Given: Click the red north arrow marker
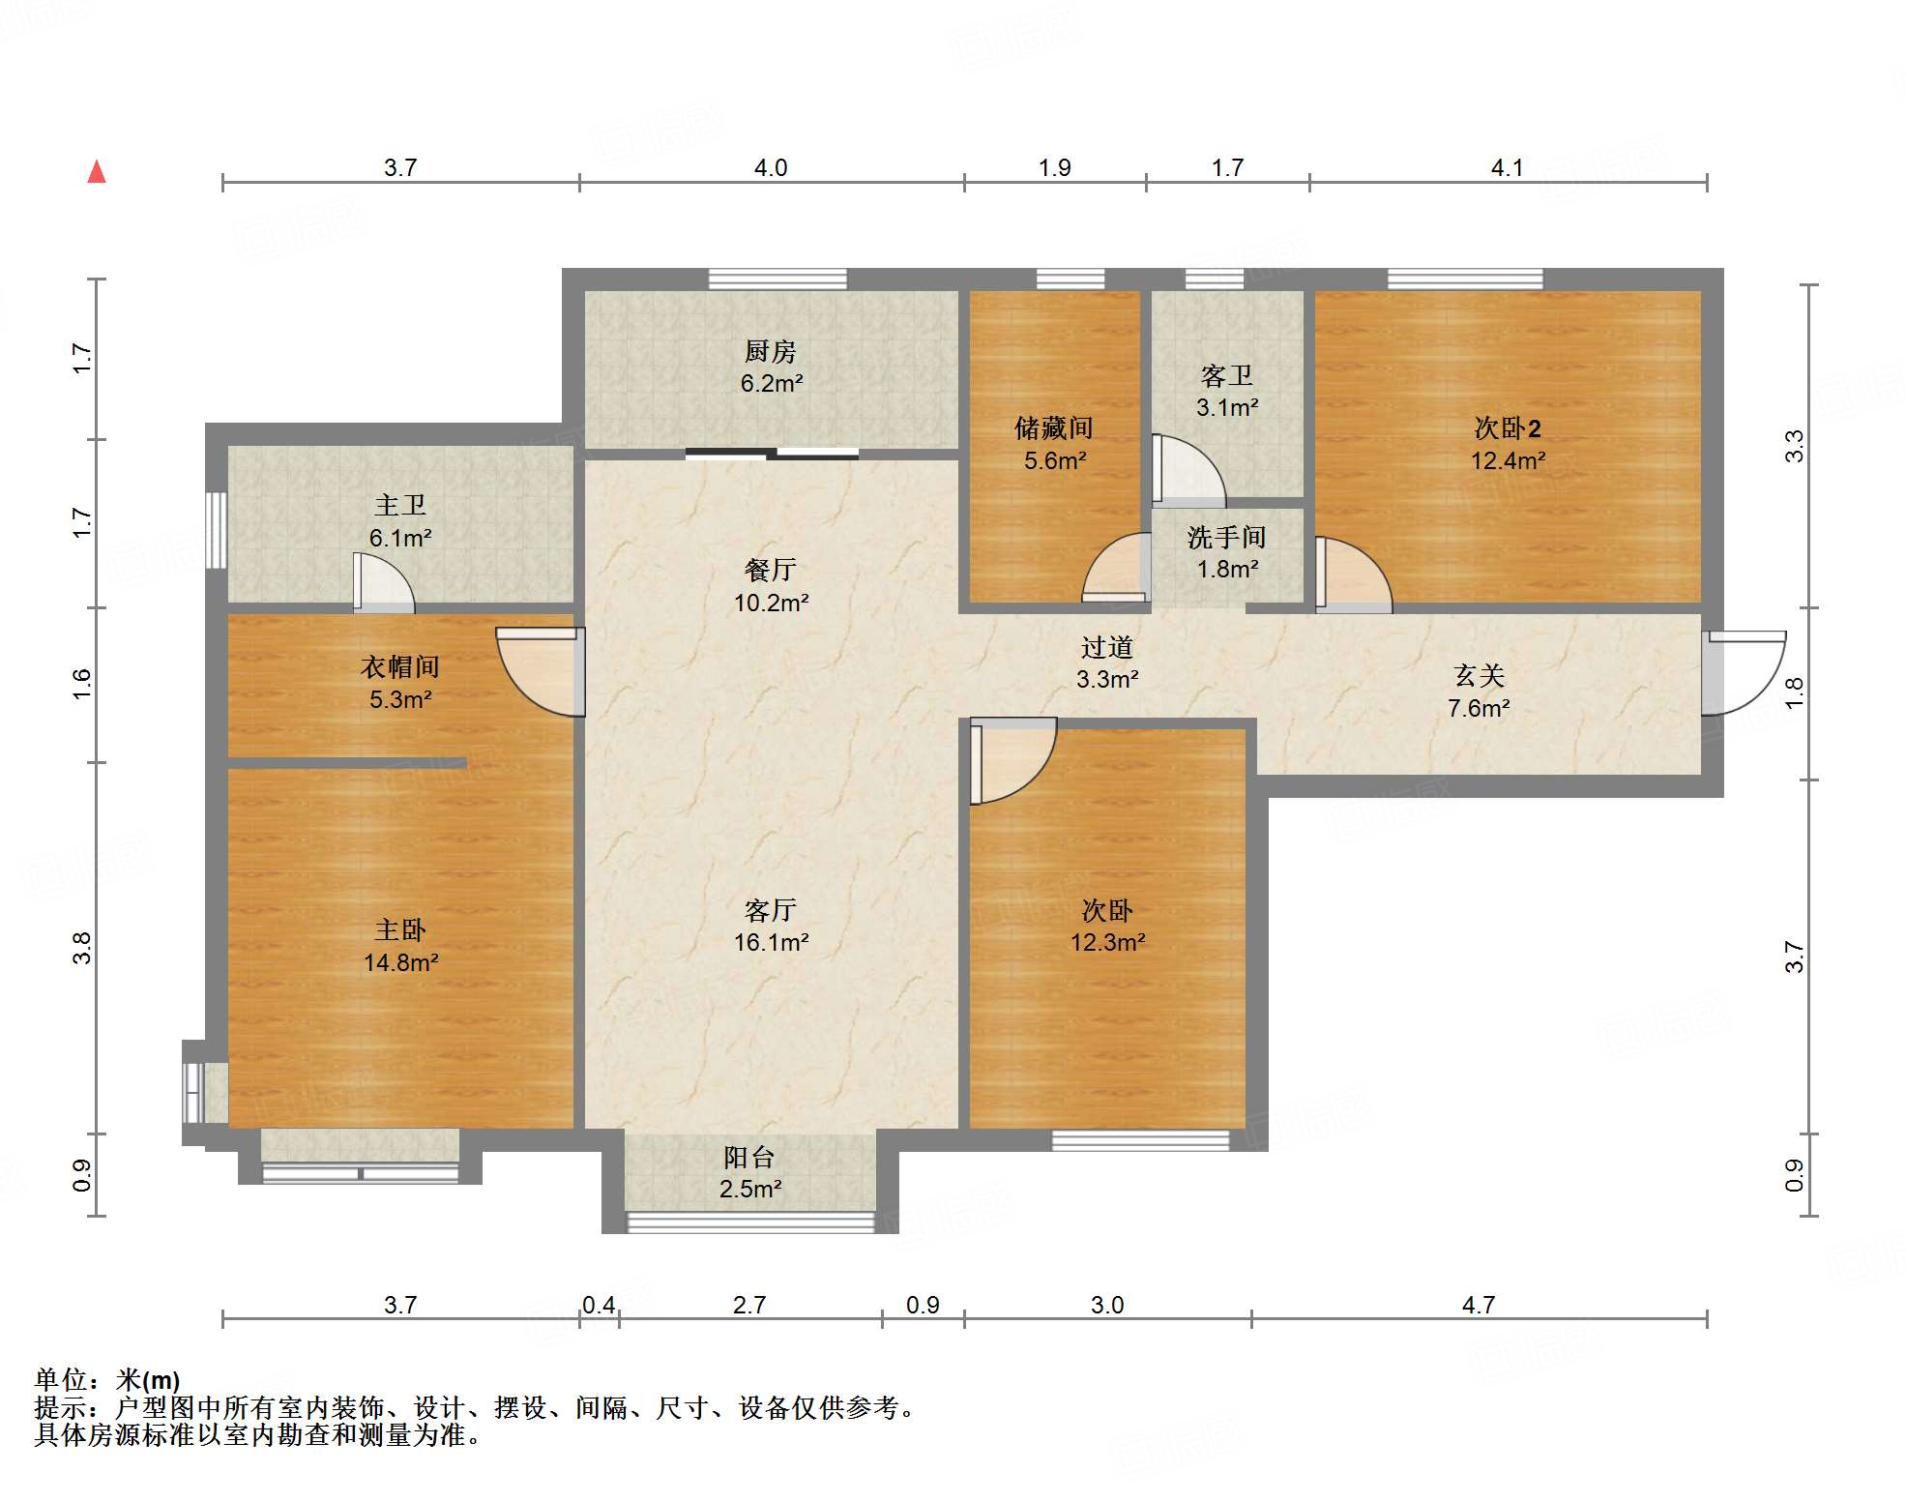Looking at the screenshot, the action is [x=97, y=171].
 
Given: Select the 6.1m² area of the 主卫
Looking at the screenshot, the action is [x=400, y=538].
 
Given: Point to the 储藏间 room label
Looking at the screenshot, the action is [x=1054, y=427].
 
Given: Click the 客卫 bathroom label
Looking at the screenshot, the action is [x=1227, y=375].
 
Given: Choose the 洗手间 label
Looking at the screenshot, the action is [x=1227, y=537].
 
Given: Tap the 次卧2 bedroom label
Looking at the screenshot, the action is [x=1508, y=427].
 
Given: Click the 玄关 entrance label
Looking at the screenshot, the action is [x=1479, y=675].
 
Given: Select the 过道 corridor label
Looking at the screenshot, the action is [x=1107, y=647].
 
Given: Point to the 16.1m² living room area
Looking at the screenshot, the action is [x=771, y=942].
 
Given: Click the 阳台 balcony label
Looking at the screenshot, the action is [x=749, y=1157].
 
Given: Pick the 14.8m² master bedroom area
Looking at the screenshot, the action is [x=400, y=962].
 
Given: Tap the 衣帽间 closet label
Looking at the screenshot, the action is [x=400, y=666].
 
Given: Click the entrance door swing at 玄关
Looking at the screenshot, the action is [x=1744, y=673].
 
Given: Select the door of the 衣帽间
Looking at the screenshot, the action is [x=541, y=672].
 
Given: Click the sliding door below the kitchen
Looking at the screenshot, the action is [x=772, y=453].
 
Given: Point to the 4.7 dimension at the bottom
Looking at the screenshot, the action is [x=1479, y=1305].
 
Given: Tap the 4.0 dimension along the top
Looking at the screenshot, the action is [x=771, y=167].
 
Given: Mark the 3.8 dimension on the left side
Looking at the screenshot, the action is [x=82, y=948].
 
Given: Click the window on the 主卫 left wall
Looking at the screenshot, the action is [x=217, y=530].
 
